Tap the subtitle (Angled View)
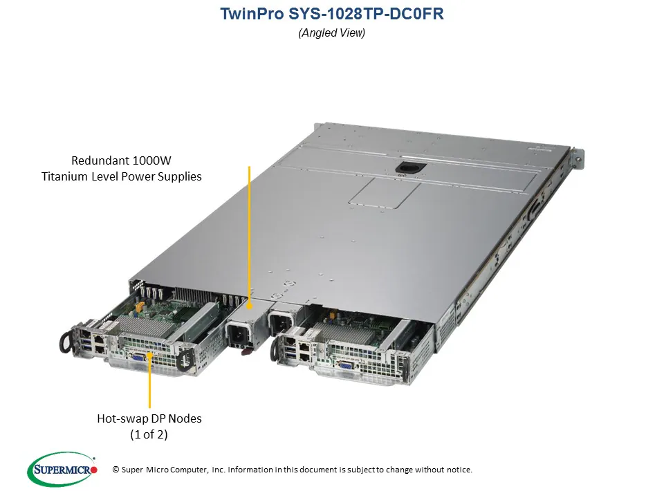[331, 33]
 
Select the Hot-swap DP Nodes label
[149, 418]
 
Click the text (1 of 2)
[149, 434]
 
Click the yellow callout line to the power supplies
[248, 235]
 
